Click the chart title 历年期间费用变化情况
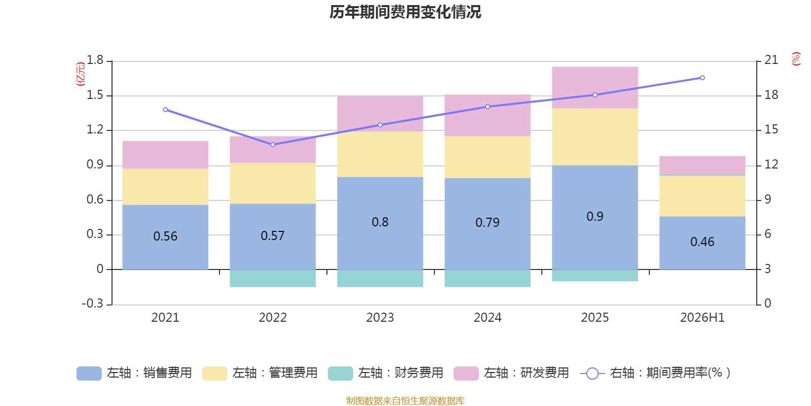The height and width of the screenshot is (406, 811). [x=405, y=12]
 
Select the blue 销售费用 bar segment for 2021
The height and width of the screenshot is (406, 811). [x=165, y=237]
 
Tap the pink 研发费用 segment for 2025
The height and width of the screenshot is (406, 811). [x=595, y=87]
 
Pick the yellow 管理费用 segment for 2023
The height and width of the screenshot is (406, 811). [x=380, y=154]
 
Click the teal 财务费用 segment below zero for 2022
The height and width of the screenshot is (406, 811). [x=273, y=279]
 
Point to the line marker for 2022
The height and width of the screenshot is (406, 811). [x=273, y=145]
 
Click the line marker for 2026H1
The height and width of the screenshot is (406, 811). [x=703, y=78]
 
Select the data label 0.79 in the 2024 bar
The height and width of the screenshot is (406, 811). [x=487, y=223]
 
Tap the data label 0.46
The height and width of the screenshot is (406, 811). [x=703, y=242]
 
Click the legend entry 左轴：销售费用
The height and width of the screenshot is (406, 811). [x=134, y=373]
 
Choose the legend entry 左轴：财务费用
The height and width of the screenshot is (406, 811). [x=386, y=373]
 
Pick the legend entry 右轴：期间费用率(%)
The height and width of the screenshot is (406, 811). [x=655, y=373]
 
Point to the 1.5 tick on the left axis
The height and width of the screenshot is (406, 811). [x=95, y=95]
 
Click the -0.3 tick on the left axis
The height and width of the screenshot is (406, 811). [x=93, y=303]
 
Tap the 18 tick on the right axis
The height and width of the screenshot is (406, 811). [x=771, y=95]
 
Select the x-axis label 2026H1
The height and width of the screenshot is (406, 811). [x=703, y=318]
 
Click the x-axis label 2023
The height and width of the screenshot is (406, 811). [x=380, y=318]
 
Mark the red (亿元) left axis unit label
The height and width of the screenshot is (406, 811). [x=81, y=74]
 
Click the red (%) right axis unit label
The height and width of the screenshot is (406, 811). [x=796, y=59]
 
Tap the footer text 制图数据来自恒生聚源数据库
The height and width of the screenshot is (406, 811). [x=405, y=400]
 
